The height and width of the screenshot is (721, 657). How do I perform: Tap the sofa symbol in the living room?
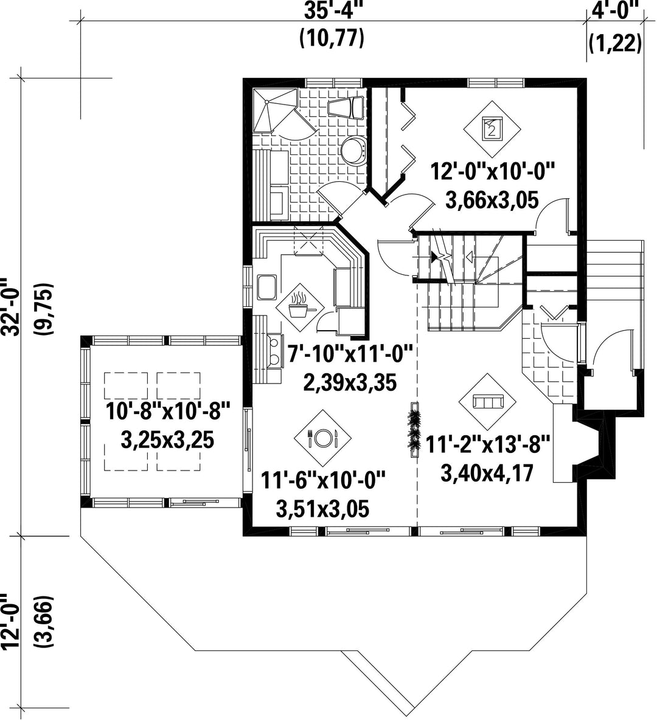tap(487, 401)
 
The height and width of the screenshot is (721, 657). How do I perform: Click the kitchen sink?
tap(267, 287)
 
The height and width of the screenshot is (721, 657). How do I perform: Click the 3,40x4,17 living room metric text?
tap(487, 473)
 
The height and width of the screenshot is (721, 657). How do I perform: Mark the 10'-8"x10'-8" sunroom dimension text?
tap(167, 410)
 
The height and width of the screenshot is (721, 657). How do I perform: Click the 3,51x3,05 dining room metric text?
tap(322, 509)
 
